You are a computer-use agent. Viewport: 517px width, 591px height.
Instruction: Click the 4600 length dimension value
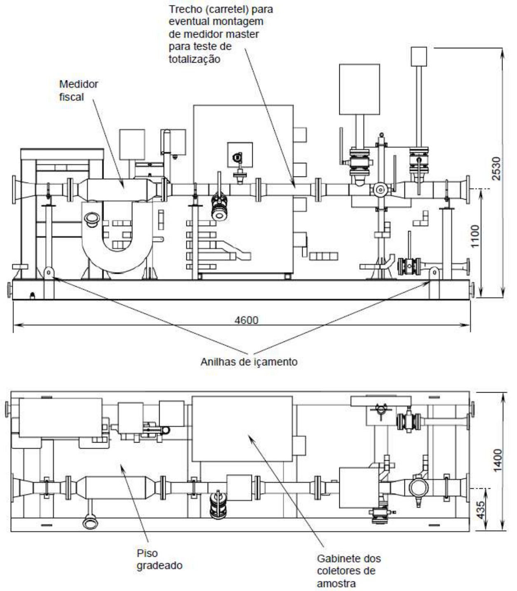[246, 320]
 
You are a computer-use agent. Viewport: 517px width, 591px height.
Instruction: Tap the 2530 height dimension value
[496, 169]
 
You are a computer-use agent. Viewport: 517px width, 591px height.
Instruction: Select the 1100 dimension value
[475, 236]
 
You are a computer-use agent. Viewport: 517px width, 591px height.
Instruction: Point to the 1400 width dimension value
[498, 460]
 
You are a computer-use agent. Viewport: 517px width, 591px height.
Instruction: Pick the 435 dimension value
[480, 510]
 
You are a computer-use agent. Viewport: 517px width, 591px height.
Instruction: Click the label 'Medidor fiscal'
[78, 90]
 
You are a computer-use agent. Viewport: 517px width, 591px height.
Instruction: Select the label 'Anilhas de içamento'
[249, 362]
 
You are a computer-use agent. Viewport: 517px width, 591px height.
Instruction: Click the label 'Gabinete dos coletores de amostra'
[349, 571]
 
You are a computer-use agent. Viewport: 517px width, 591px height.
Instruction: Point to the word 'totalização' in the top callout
[194, 59]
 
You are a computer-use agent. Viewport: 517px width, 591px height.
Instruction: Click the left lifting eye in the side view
[49, 272]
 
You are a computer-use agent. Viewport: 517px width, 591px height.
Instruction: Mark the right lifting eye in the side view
[434, 272]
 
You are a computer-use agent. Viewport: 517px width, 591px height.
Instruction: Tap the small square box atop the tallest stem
[419, 57]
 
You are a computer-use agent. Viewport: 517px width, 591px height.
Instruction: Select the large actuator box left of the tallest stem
[360, 89]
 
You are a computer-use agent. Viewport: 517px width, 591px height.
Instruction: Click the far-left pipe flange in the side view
[14, 189]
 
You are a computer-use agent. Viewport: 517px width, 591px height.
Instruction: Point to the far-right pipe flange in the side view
[468, 189]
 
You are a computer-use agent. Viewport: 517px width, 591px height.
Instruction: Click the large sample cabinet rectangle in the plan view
[242, 429]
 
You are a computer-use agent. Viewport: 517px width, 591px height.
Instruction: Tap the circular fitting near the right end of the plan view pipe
[418, 488]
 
